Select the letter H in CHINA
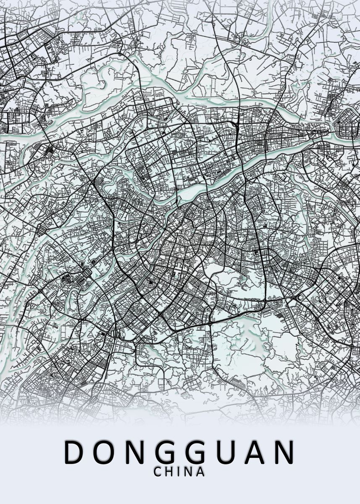[x=169, y=472]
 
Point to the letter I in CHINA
[x=178, y=472]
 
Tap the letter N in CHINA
[x=187, y=472]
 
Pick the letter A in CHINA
[x=200, y=472]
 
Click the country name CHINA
[x=179, y=472]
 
